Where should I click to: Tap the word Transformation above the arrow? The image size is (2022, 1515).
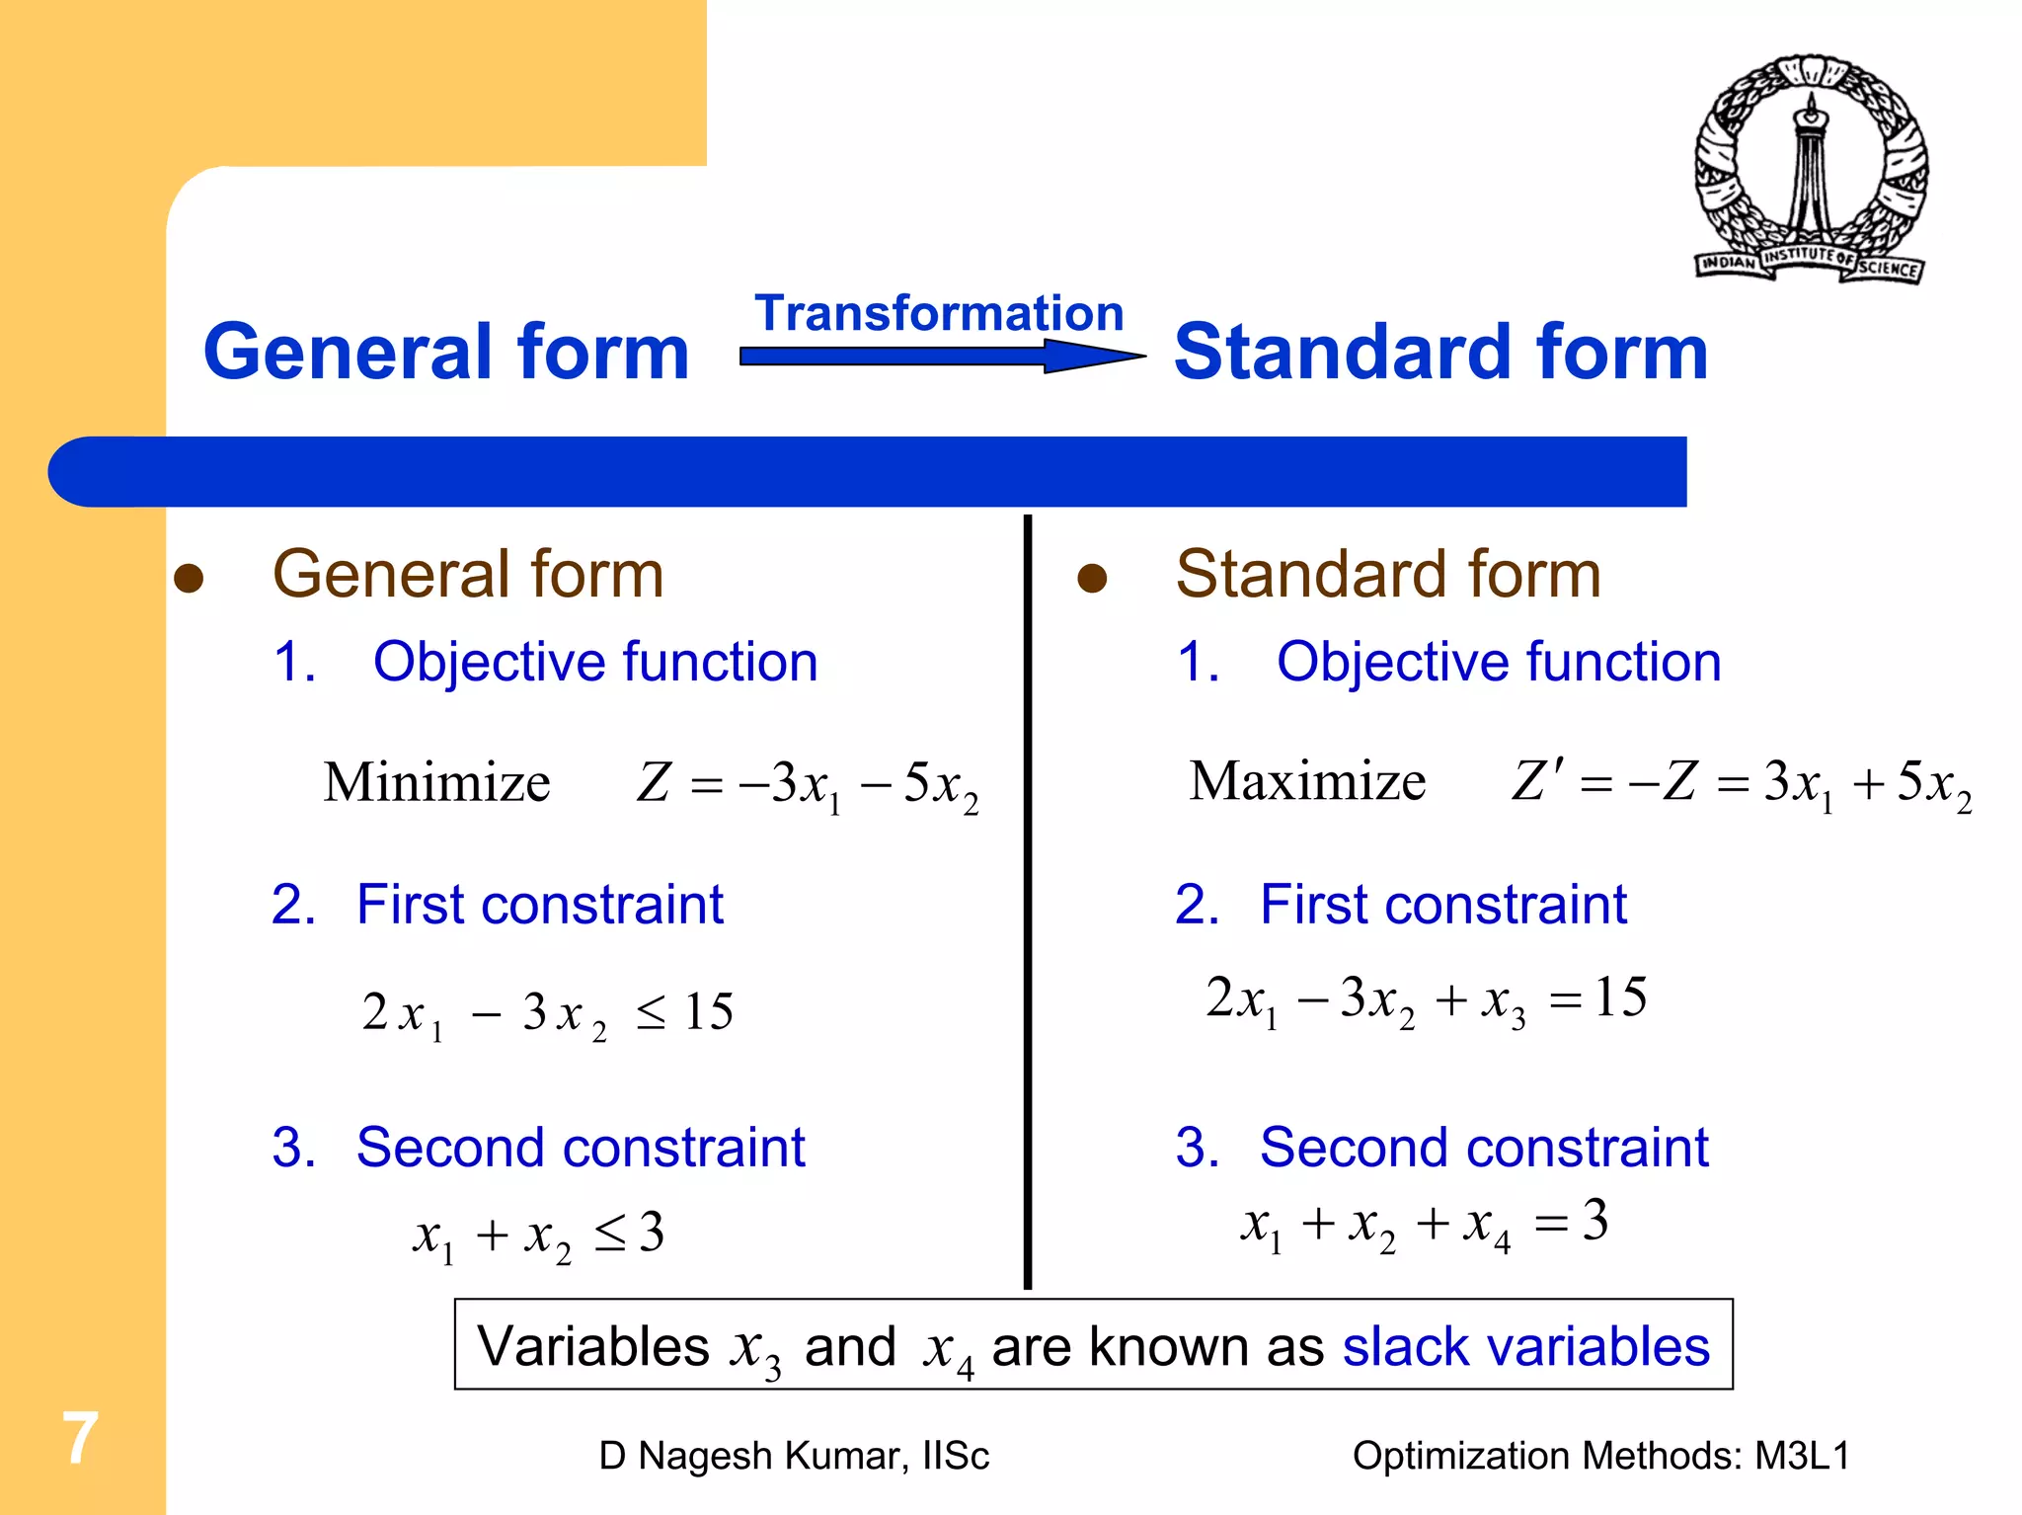939,313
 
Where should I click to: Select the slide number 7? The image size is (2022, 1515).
81,1438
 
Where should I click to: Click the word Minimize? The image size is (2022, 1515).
436,782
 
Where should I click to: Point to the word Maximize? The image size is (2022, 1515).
1307,781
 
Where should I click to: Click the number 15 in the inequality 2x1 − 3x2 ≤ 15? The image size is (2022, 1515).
708,1011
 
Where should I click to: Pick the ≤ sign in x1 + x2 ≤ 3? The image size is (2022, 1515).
610,1233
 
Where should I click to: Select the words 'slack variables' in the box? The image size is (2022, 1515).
1525,1346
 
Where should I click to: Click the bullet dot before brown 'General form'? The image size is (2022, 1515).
189,579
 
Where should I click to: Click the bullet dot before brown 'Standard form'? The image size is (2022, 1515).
1092,579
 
